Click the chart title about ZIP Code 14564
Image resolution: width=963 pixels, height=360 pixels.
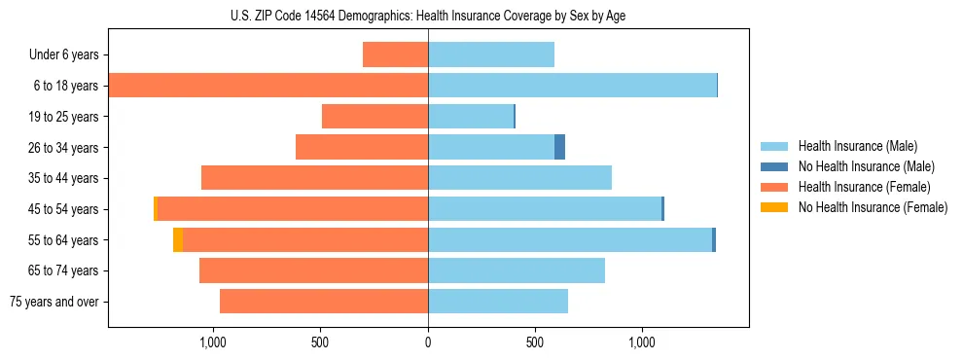click(x=428, y=16)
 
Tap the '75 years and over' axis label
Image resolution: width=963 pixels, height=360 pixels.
click(x=54, y=302)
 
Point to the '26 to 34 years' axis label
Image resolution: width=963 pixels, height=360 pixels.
click(x=64, y=148)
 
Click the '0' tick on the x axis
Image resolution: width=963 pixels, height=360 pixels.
click(x=428, y=342)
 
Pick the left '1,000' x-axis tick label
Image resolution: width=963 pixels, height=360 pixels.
click(x=213, y=342)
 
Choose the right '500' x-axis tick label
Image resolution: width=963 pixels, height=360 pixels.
click(x=535, y=342)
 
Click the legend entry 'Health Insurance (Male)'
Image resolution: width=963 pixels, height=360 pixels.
click(x=857, y=146)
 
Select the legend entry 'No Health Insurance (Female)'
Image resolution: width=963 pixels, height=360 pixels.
click(x=873, y=206)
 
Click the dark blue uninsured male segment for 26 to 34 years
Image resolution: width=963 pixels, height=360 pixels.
click(x=559, y=147)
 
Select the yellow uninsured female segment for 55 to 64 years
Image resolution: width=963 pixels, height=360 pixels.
click(x=178, y=239)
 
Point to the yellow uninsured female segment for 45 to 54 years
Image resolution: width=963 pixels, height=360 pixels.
click(x=156, y=209)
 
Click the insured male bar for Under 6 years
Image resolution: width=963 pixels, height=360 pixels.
click(x=491, y=54)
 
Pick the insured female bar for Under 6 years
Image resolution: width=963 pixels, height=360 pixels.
click(x=395, y=54)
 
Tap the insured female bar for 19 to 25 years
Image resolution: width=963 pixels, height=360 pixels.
click(x=374, y=117)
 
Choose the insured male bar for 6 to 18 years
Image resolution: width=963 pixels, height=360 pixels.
click(x=572, y=86)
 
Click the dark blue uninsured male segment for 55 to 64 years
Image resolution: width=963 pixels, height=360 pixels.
click(x=714, y=239)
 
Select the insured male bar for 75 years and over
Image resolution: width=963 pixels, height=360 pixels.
click(x=498, y=302)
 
